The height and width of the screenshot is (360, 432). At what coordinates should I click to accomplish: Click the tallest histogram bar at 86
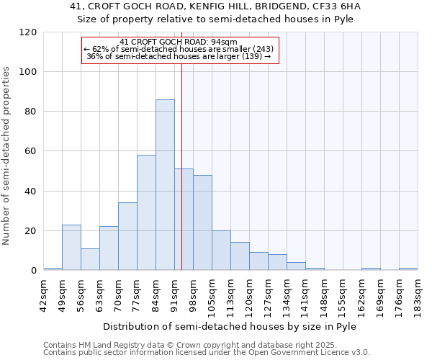[165, 185]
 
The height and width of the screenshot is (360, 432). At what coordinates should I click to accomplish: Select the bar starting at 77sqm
[146, 212]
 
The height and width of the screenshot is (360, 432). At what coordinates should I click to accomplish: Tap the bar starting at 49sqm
[71, 248]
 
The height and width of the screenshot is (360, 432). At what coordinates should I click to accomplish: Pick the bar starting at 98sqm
[202, 222]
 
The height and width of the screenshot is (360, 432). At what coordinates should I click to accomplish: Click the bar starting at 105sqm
[221, 251]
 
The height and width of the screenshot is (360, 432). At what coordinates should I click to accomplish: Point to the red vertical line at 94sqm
[181, 166]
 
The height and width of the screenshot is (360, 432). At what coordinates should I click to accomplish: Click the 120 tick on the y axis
[28, 32]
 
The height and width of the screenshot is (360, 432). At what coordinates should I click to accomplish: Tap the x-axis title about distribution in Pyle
[230, 326]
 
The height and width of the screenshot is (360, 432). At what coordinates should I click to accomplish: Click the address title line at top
[215, 6]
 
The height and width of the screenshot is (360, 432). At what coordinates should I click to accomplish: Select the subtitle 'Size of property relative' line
[215, 19]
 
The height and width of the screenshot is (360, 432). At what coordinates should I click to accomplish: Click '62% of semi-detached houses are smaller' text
[179, 49]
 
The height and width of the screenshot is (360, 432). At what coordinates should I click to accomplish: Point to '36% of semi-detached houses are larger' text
[179, 56]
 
